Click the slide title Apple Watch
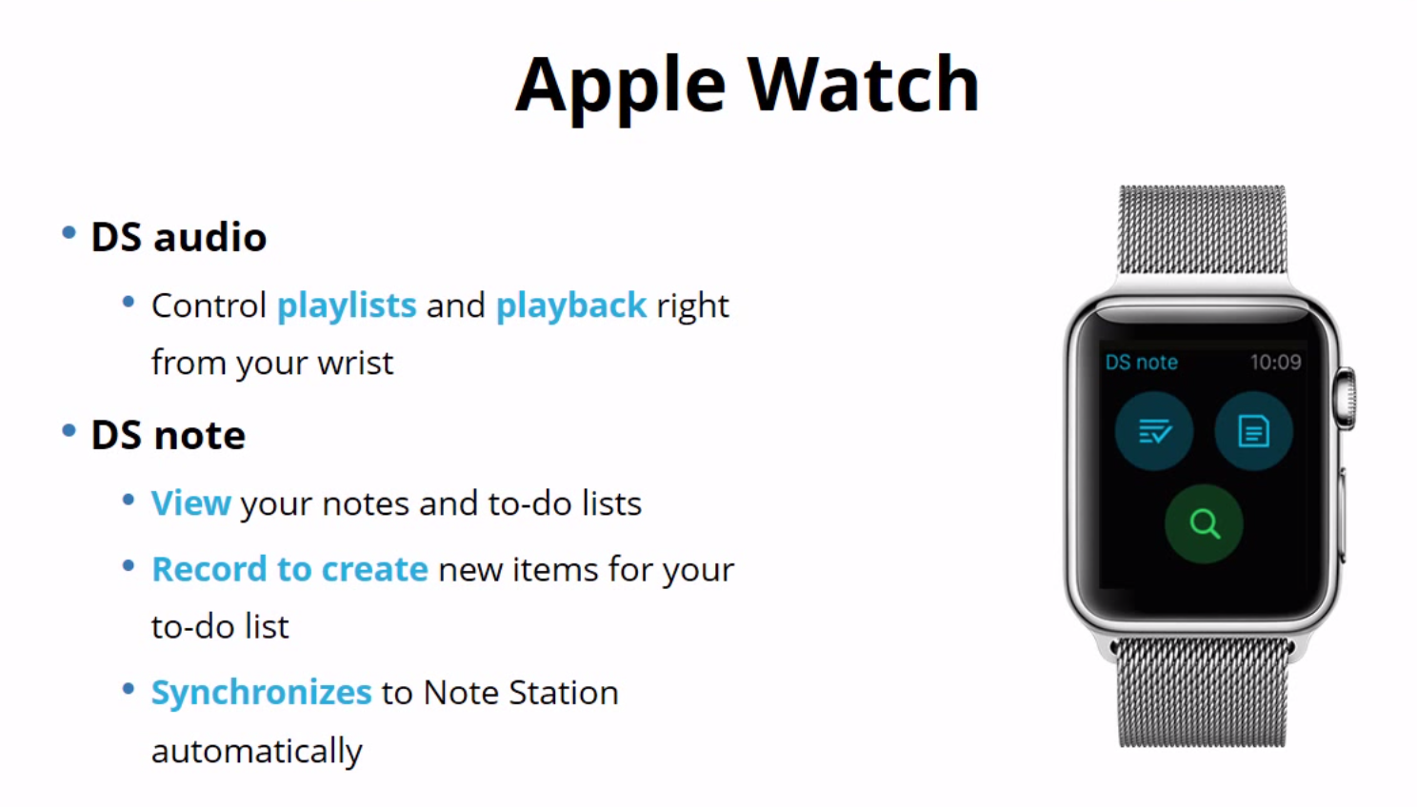point(747,86)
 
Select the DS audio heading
point(178,237)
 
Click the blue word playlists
point(346,305)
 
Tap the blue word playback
point(570,305)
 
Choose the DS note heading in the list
point(168,435)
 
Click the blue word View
point(190,502)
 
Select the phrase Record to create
point(289,569)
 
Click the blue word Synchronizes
point(261,692)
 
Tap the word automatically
point(256,751)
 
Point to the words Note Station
point(520,692)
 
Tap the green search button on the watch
point(1204,523)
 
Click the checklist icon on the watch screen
point(1154,431)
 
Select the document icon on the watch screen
point(1253,431)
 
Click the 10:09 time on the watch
point(1275,362)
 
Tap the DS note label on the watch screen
point(1141,362)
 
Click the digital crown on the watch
point(1346,398)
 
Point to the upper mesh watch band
point(1202,229)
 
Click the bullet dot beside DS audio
point(69,233)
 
